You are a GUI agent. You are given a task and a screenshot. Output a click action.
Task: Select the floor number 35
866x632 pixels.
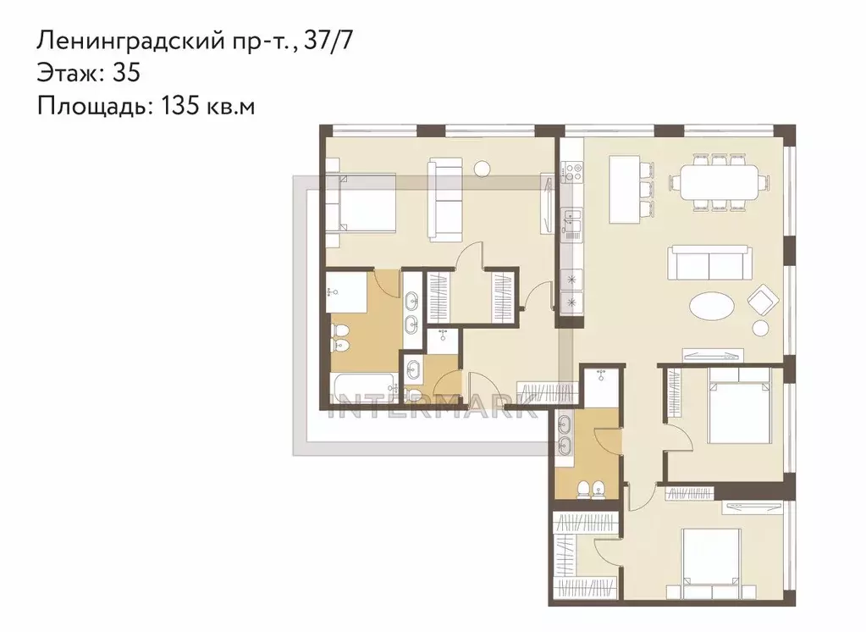(126, 72)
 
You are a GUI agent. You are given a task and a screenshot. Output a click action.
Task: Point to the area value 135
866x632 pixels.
(180, 105)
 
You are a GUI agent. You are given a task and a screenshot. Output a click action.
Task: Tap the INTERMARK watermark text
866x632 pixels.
(434, 407)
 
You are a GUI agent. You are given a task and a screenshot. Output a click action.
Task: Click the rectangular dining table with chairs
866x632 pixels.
(719, 182)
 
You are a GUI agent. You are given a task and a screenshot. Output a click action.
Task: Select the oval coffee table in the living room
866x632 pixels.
(713, 305)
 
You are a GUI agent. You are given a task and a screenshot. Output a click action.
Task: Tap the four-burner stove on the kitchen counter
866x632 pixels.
(571, 171)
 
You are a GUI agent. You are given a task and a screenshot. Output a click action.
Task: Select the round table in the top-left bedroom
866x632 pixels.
(483, 168)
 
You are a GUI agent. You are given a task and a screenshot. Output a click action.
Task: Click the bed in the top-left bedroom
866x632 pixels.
(361, 202)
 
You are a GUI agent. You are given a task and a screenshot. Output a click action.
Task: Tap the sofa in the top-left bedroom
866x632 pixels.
(445, 200)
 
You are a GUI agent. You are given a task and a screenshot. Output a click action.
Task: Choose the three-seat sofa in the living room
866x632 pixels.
(709, 263)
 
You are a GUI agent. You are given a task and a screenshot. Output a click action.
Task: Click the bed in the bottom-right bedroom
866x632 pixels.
(711, 557)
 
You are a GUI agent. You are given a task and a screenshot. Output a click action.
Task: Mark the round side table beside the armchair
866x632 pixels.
(760, 329)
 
